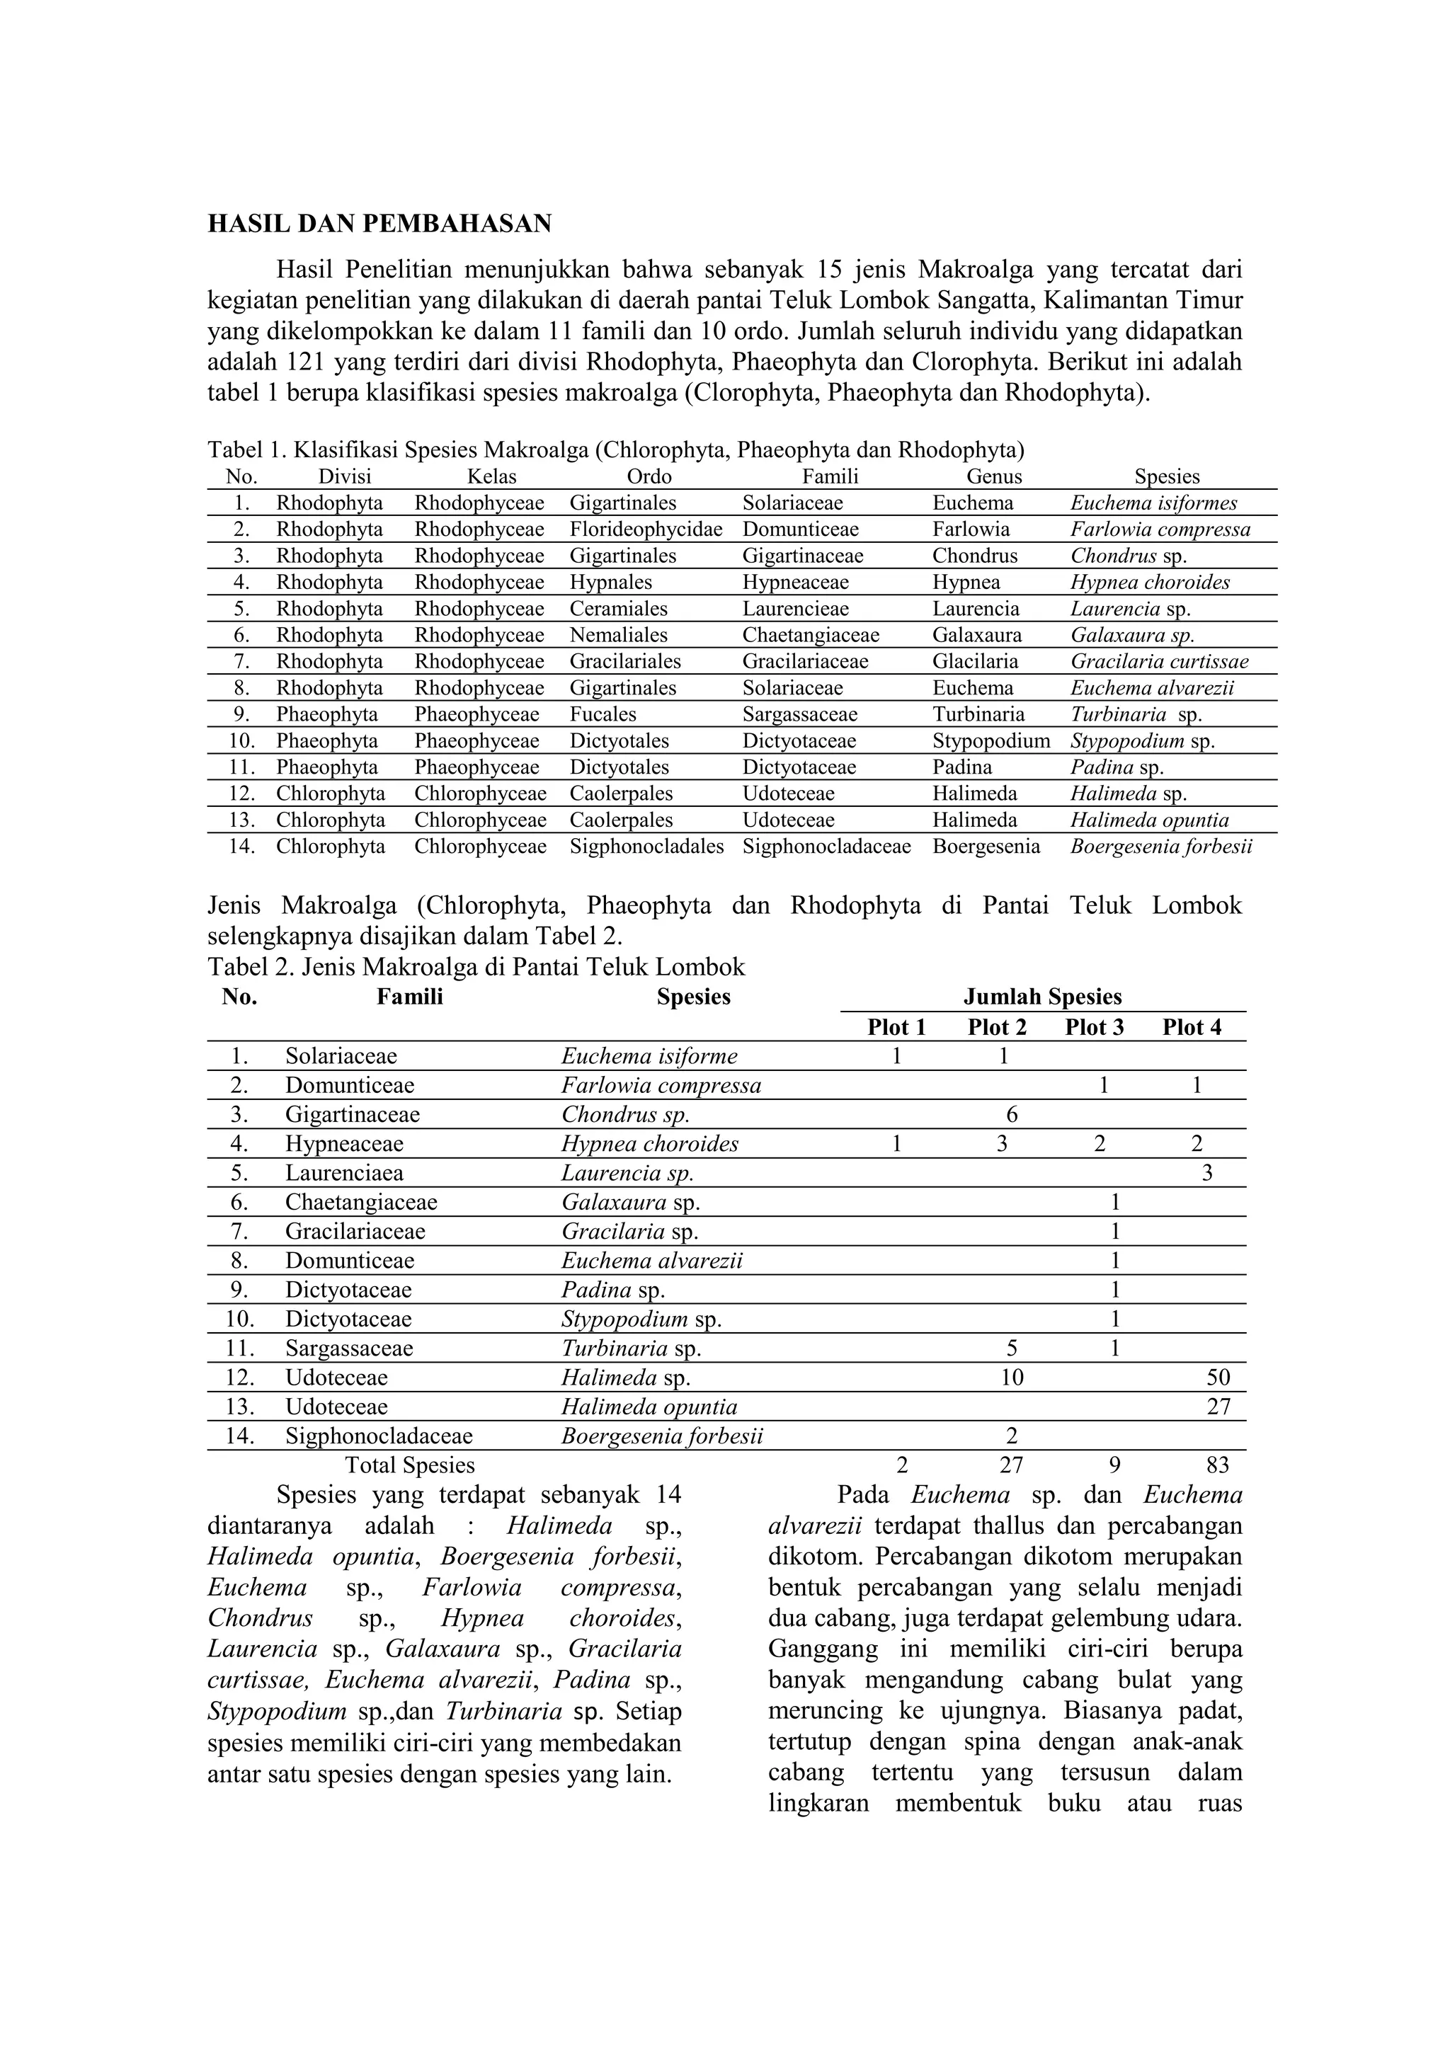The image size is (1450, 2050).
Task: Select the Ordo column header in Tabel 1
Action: [x=649, y=477]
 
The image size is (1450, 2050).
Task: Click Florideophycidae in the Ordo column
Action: [x=646, y=529]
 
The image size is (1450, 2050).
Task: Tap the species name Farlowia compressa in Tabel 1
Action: [x=1160, y=529]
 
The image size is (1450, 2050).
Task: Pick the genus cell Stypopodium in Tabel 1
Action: [x=991, y=741]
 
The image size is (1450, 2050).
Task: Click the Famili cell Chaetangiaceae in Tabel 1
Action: [x=811, y=636]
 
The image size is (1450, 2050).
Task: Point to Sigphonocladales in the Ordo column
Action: [x=646, y=847]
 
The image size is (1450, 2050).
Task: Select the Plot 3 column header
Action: [x=1094, y=1028]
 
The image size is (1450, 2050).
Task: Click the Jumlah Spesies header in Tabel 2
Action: [x=1042, y=997]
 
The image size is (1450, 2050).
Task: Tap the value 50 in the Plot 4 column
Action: [x=1217, y=1378]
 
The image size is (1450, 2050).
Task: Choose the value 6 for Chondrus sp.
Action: [x=1012, y=1115]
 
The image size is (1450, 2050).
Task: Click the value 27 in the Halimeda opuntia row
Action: [x=1217, y=1407]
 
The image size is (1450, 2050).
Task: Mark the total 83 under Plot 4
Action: [x=1216, y=1465]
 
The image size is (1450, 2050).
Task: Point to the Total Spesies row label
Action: [x=410, y=1465]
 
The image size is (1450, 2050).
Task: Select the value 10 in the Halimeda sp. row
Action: [x=1012, y=1378]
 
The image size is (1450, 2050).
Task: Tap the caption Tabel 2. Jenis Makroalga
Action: [x=476, y=967]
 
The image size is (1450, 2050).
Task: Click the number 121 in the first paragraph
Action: [x=308, y=362]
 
